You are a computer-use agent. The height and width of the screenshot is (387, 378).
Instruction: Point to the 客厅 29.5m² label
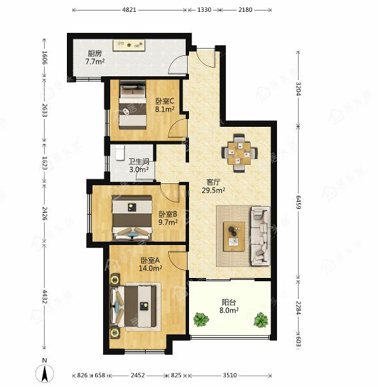pos(213,187)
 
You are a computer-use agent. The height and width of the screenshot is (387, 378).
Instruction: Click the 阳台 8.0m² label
pos(229,306)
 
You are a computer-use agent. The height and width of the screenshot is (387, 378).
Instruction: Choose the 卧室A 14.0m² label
pos(150,264)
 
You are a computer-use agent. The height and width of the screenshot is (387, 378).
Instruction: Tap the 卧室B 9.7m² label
pos(167,218)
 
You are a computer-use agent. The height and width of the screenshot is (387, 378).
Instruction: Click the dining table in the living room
pos(240,153)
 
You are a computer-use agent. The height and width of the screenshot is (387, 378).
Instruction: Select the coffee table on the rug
pos(234,237)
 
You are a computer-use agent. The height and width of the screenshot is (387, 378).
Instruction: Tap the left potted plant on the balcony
pos(201,319)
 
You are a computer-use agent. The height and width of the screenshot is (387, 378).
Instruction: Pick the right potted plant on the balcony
pos(261,319)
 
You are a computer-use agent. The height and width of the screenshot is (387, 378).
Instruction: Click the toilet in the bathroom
pos(120,153)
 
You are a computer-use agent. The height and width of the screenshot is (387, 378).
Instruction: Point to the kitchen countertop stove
pos(129,45)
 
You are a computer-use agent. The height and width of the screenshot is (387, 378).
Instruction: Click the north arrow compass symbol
pos(45,372)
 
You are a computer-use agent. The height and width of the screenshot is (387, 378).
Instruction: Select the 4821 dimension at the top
pos(129,10)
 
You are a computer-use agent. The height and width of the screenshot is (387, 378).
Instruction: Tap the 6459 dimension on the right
pos(298,202)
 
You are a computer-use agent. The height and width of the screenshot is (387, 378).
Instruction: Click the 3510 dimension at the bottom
pos(230,375)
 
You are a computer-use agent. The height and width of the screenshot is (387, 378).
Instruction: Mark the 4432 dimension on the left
pos(45,297)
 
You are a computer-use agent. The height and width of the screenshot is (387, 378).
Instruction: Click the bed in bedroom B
pos(132,217)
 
